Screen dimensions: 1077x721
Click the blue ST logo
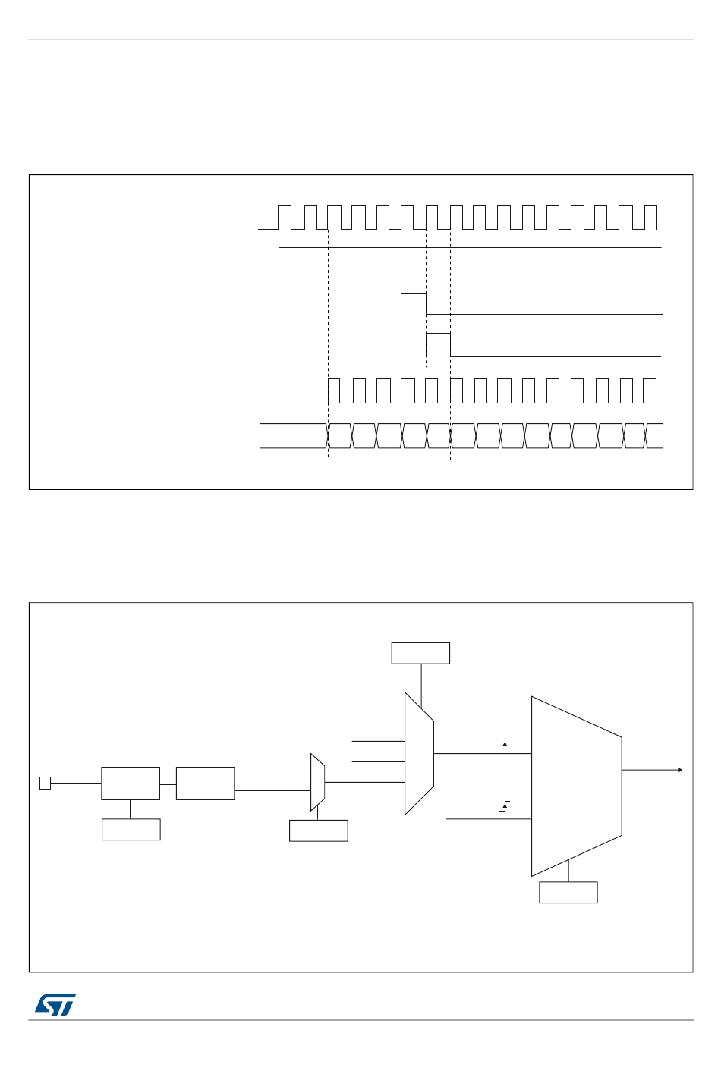[x=55, y=1005]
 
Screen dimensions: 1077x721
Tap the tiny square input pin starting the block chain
[x=45, y=783]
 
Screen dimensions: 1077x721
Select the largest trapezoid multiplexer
[x=576, y=786]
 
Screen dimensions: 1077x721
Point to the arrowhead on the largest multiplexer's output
[x=680, y=770]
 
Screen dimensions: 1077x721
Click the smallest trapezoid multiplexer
[x=317, y=782]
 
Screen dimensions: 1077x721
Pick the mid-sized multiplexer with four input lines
[x=419, y=753]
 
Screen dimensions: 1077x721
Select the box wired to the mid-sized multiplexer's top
[x=420, y=653]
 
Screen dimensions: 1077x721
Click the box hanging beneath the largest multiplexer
[x=568, y=892]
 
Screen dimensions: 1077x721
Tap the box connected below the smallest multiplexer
[x=318, y=831]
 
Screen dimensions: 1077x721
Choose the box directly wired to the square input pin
[x=131, y=783]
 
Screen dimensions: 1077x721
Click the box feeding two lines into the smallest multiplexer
[x=205, y=783]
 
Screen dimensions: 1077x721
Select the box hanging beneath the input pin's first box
[x=131, y=829]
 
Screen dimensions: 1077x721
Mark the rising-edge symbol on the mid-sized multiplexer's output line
[x=505, y=744]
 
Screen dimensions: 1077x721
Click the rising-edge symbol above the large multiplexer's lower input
[x=505, y=806]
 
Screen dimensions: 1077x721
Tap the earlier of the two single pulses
[x=413, y=303]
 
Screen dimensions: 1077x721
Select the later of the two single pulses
[x=438, y=344]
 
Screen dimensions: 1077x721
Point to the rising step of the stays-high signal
[x=279, y=259]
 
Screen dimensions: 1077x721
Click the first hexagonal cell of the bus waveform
[x=340, y=436]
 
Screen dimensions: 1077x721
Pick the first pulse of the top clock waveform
[x=285, y=216]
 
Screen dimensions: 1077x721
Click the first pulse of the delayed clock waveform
[x=333, y=391]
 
